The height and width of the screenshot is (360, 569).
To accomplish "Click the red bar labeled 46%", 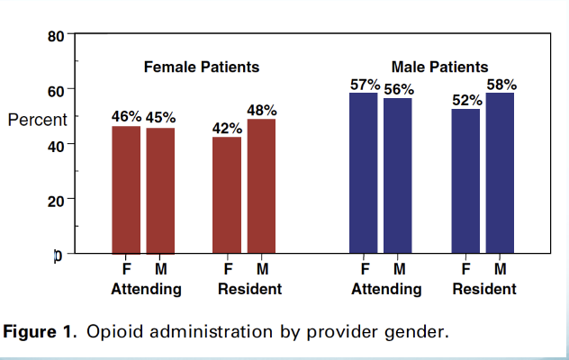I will (126, 190).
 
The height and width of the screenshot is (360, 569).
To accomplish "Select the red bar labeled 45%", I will (160, 191).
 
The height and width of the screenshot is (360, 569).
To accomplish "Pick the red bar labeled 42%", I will (227, 195).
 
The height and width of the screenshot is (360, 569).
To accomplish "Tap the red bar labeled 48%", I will (261, 186).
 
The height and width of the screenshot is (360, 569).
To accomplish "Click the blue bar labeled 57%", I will (364, 173).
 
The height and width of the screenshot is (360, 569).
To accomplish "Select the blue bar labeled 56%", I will (398, 175).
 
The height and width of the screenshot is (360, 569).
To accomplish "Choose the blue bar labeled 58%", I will (500, 173).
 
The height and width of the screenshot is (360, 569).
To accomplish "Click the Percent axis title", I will (37, 120).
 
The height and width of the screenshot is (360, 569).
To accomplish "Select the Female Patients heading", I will (203, 67).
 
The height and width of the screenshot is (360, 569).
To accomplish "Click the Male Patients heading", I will (439, 67).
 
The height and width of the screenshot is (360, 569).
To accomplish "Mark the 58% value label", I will (501, 85).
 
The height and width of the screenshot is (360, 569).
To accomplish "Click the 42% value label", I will (227, 129).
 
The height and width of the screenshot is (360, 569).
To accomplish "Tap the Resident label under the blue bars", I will (484, 289).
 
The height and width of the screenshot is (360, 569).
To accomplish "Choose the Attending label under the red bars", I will (146, 289).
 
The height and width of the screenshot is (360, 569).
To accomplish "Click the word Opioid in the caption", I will (111, 332).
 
